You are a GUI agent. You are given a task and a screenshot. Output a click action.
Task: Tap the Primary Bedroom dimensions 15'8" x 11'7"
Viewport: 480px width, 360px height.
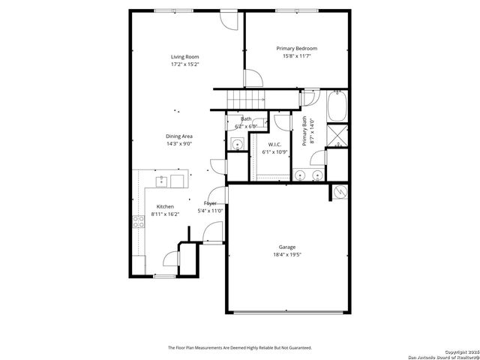(x=296, y=56)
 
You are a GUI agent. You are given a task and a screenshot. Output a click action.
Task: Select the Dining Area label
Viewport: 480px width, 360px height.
(x=179, y=136)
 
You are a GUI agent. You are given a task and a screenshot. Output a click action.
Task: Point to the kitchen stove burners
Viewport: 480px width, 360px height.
(x=139, y=220)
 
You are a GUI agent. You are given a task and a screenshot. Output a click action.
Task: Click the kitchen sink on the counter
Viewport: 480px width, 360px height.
(x=161, y=181)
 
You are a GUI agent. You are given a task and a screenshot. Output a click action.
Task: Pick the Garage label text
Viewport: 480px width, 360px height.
(x=287, y=247)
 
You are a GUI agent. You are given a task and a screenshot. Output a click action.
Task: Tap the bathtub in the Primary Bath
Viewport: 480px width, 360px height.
(x=337, y=107)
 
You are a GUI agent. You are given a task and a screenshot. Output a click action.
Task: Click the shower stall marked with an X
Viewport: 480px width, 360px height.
(x=338, y=137)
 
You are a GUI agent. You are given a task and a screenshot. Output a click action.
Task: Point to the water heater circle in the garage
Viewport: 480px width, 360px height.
(x=340, y=192)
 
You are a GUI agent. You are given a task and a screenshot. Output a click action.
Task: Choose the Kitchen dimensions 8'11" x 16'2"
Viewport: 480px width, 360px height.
(x=165, y=214)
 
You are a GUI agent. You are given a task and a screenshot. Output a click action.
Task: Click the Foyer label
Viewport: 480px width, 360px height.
(x=211, y=203)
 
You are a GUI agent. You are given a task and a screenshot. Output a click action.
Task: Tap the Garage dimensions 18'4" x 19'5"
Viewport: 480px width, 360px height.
(x=287, y=255)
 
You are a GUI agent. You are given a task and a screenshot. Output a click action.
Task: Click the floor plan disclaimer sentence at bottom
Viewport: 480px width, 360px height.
(x=239, y=347)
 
